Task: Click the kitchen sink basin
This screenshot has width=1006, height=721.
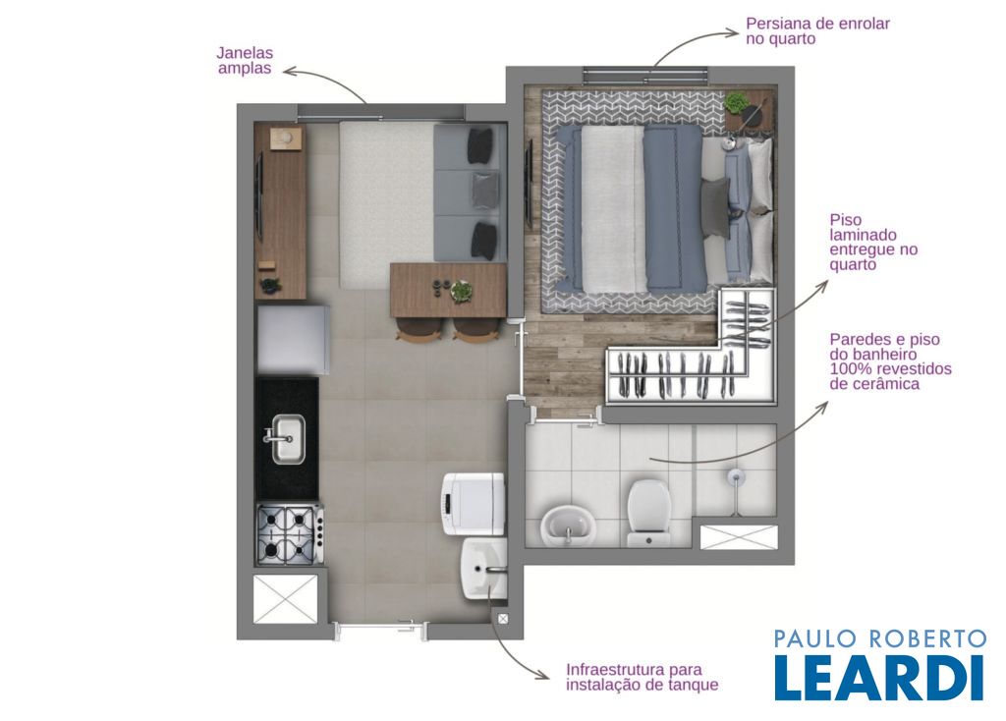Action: click(288, 439)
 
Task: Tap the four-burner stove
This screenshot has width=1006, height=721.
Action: click(290, 533)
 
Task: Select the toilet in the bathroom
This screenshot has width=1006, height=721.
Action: click(648, 513)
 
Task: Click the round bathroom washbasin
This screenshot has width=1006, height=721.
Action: click(569, 525)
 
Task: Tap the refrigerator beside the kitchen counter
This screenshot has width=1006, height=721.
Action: click(294, 339)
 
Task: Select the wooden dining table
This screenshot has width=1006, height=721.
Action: click(448, 291)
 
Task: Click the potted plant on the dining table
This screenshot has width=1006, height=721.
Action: click(462, 291)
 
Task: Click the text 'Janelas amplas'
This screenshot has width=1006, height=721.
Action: click(245, 61)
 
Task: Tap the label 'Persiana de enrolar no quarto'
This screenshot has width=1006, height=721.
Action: click(817, 31)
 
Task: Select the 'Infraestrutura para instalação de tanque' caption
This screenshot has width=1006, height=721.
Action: click(642, 678)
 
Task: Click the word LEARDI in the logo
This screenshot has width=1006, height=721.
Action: click(879, 678)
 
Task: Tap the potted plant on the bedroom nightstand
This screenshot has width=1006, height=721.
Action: click(736, 102)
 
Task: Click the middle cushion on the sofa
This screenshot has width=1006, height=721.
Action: click(485, 190)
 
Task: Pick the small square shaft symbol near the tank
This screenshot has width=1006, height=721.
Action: click(503, 619)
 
